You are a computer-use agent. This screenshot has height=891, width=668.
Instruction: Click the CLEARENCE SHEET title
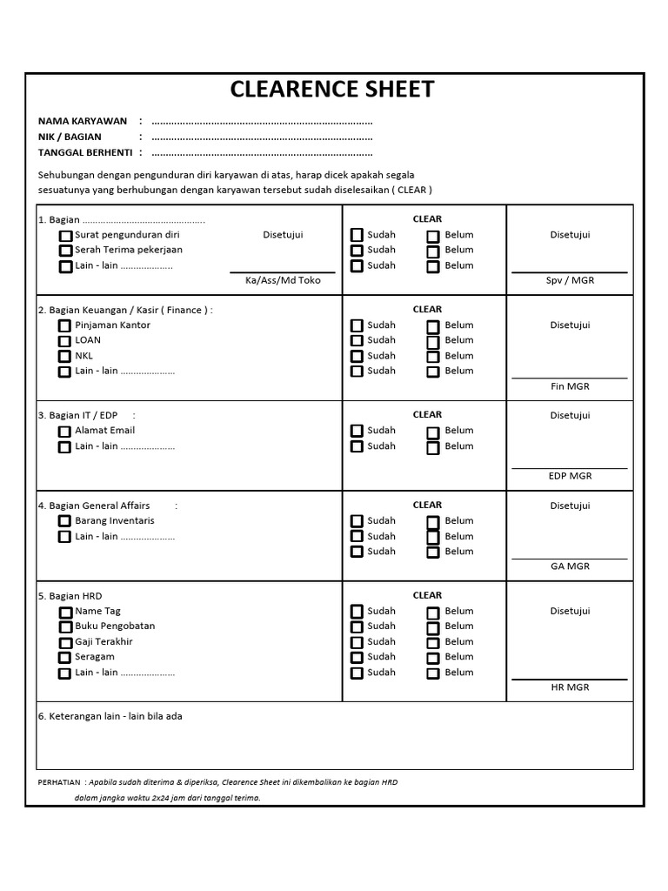[x=331, y=90]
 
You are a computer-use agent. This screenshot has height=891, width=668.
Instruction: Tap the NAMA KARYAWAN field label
[x=83, y=121]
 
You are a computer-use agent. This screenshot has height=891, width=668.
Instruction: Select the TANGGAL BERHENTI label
[x=85, y=152]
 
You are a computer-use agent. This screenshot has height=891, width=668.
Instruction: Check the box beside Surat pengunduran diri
[x=65, y=236]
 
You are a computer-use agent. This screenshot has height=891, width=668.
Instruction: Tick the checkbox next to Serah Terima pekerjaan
[x=65, y=251]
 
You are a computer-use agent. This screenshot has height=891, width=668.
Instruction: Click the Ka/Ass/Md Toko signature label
[x=283, y=280]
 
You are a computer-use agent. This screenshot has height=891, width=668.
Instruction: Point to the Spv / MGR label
[x=570, y=280]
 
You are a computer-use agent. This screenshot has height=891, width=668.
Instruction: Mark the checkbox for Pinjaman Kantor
[x=64, y=325]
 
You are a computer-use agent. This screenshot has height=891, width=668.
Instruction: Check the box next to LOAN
[x=64, y=341]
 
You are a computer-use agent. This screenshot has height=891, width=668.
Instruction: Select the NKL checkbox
[x=64, y=356]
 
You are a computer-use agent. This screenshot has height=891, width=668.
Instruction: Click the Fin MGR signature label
[x=570, y=385]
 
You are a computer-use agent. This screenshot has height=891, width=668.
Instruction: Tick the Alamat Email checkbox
[x=64, y=432]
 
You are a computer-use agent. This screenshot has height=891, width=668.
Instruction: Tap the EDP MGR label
[x=570, y=476]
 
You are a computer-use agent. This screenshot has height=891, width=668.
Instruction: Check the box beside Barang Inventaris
[x=64, y=521]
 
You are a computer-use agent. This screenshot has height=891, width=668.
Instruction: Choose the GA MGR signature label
[x=570, y=566]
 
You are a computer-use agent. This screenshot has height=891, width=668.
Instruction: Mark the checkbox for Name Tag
[x=65, y=613]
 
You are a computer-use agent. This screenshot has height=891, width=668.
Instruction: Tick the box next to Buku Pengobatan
[x=65, y=627]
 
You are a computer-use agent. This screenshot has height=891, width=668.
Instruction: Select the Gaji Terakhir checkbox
[x=65, y=642]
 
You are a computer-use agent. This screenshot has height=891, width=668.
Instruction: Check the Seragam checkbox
[x=65, y=658]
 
